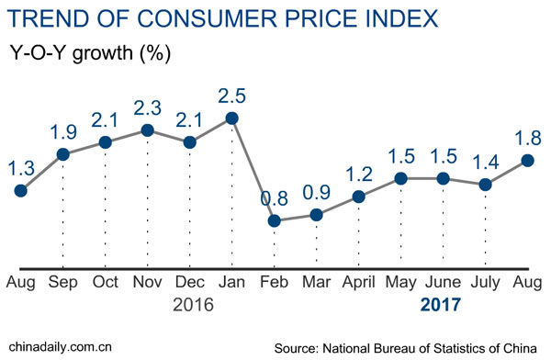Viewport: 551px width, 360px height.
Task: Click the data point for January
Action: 231,118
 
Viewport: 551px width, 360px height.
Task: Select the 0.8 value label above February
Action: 274,197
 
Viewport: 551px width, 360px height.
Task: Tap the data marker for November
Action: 147,130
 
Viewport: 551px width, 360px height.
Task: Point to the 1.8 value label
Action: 529,138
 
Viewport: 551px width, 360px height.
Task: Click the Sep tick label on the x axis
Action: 62,281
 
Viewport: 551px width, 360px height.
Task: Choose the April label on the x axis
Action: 358,281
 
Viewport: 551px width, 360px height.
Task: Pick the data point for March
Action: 316,215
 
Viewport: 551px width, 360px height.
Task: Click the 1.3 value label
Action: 20,167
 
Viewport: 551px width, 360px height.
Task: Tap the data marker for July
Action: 486,185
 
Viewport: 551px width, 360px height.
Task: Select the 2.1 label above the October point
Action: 106,119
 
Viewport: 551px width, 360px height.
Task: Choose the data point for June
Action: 444,178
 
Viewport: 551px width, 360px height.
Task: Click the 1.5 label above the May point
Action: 401,155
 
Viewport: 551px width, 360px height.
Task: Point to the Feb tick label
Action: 274,281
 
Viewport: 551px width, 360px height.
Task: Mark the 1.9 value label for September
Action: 63,131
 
